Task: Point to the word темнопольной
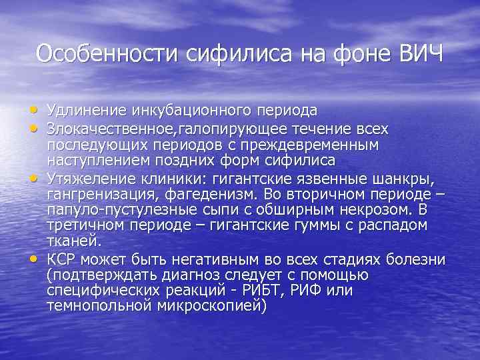[x=99, y=307]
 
